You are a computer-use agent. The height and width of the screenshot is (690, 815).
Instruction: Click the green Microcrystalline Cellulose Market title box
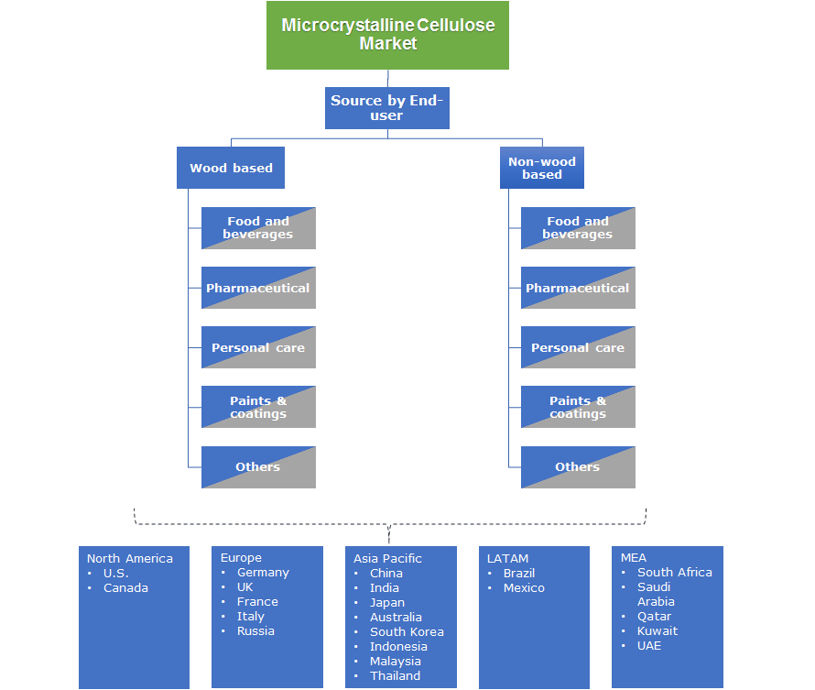click(x=387, y=35)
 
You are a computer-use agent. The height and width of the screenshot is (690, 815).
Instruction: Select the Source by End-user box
click(x=387, y=108)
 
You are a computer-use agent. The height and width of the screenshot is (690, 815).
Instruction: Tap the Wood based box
click(x=231, y=168)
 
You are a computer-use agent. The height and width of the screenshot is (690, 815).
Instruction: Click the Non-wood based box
click(x=542, y=168)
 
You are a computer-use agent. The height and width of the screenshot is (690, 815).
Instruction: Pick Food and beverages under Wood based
click(x=258, y=228)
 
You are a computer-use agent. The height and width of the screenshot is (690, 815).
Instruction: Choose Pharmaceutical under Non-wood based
click(x=577, y=288)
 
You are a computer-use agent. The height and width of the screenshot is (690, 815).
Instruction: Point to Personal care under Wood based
click(x=258, y=347)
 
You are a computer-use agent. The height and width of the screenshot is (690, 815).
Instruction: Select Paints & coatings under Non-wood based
click(x=577, y=407)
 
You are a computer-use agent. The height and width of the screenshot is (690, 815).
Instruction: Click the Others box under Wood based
click(x=258, y=467)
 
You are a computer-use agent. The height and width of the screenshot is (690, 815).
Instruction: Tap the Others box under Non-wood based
click(x=577, y=467)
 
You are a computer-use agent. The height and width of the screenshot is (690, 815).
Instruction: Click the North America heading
click(x=130, y=558)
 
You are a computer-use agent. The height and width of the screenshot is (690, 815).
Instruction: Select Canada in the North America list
click(x=125, y=587)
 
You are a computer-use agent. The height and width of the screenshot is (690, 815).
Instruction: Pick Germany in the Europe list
click(x=263, y=572)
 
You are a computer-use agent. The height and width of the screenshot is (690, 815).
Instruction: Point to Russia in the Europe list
click(x=255, y=630)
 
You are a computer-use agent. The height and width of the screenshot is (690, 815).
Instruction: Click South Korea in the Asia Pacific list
click(x=407, y=631)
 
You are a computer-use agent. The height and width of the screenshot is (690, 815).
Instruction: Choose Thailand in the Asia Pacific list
click(x=395, y=675)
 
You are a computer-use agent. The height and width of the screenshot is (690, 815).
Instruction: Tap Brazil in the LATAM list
click(x=519, y=573)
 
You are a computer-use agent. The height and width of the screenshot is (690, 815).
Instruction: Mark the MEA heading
click(x=633, y=557)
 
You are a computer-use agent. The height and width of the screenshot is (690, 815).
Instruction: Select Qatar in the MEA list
click(x=654, y=616)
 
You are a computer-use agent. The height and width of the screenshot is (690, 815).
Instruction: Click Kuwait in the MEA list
click(x=657, y=630)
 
